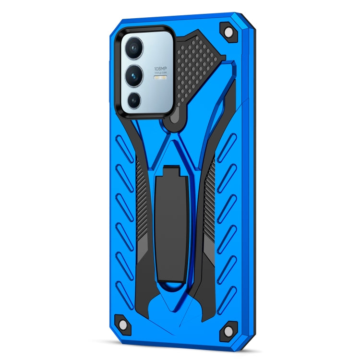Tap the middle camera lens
click(x=133, y=74)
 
